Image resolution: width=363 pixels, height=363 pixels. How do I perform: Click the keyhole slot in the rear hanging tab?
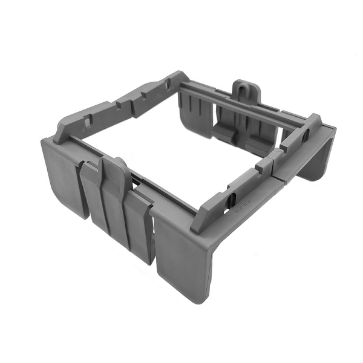point(245,91)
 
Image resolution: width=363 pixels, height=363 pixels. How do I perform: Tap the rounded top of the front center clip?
point(113,165)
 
